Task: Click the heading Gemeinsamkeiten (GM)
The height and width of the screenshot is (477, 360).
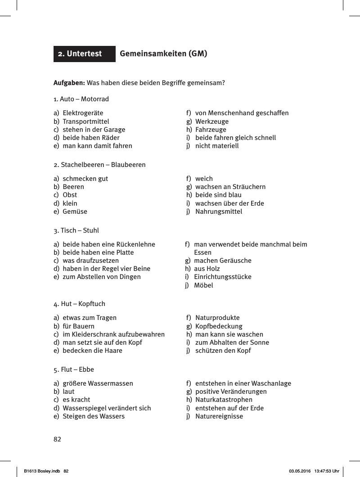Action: (x=163, y=54)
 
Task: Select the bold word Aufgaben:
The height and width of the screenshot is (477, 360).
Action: (x=69, y=83)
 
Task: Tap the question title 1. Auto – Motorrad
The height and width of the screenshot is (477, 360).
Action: (x=81, y=99)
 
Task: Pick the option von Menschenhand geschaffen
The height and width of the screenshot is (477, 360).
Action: (x=242, y=113)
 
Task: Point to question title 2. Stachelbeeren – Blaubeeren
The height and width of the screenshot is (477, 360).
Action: (x=99, y=165)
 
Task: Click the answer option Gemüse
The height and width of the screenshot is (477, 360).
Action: (x=75, y=211)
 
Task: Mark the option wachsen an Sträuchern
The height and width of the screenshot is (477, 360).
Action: (x=230, y=187)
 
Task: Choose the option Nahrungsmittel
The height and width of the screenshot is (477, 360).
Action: (x=218, y=211)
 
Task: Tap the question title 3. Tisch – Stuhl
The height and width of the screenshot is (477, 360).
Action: (x=76, y=230)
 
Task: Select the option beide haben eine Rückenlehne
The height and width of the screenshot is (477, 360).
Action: (x=108, y=244)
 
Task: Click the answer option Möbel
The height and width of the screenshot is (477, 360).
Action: (x=203, y=285)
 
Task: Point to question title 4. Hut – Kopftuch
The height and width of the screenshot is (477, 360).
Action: (x=79, y=304)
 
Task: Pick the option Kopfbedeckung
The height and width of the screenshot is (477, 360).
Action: (x=218, y=326)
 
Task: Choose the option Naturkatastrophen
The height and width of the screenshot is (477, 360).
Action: (x=224, y=400)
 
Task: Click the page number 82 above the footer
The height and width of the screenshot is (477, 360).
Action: (x=57, y=439)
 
